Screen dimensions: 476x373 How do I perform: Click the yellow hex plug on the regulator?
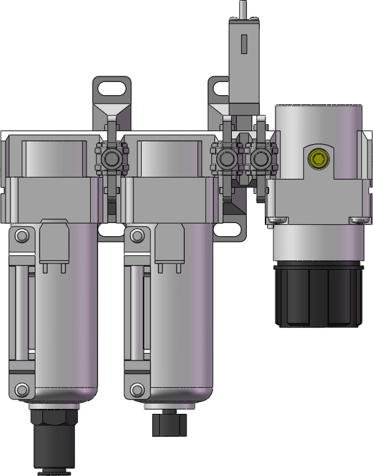[x=318, y=159]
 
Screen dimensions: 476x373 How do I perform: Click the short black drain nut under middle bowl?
[x=169, y=423]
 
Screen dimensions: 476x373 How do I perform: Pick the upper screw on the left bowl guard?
[x=22, y=236]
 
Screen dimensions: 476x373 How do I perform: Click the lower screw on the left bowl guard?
[x=22, y=390]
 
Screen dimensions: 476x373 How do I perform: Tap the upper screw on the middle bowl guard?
[x=137, y=236]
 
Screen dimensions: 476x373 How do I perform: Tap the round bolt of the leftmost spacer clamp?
[x=112, y=160]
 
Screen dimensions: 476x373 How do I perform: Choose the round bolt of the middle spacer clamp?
[x=226, y=160]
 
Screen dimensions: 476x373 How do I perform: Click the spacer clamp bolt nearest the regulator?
[x=260, y=160]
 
